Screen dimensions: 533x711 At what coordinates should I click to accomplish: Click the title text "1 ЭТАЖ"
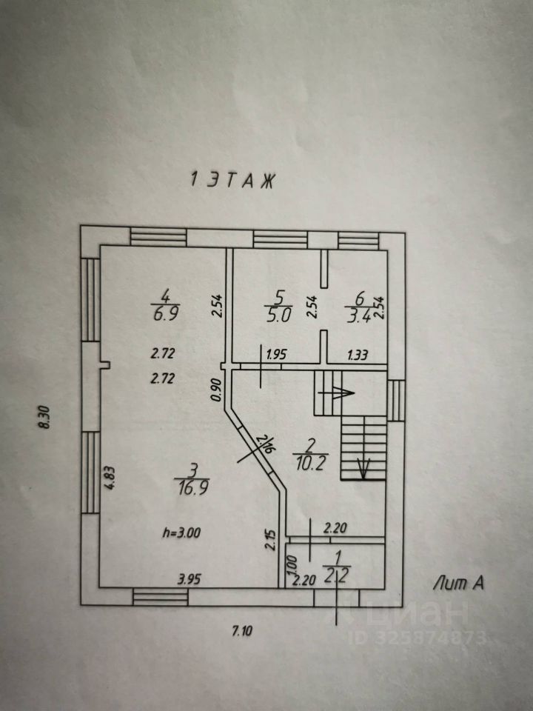(x=232, y=180)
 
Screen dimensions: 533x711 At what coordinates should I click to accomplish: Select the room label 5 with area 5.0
(x=278, y=304)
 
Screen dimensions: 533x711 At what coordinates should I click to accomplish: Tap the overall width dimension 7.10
(x=241, y=632)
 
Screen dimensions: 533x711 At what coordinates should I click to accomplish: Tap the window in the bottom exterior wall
(x=160, y=597)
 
